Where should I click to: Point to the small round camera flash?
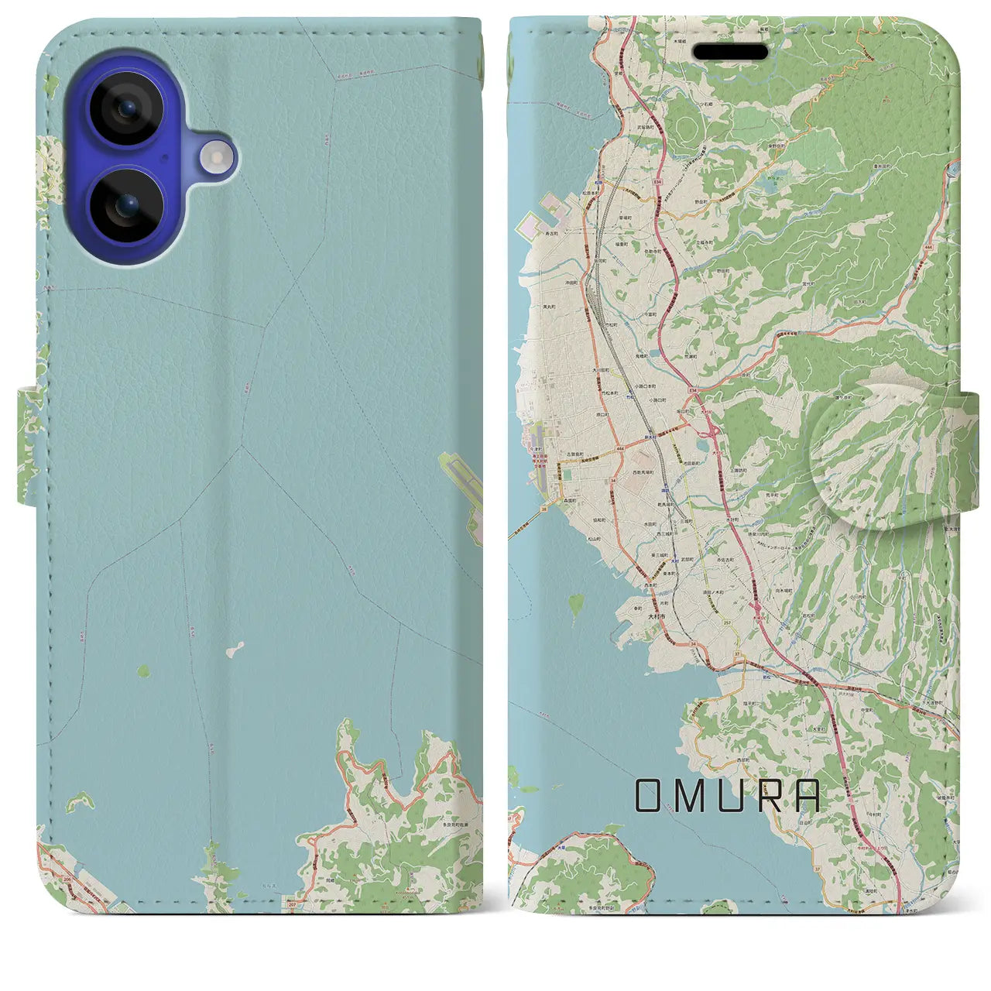coord(217,158)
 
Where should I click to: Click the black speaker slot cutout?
coord(730,52)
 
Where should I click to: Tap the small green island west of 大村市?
coord(576,602)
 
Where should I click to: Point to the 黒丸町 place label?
coord(551,307)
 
